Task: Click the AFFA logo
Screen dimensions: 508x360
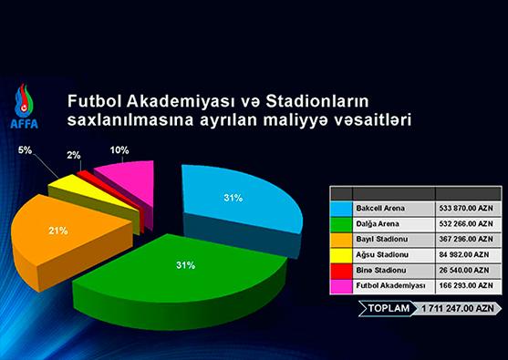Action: (x=25, y=107)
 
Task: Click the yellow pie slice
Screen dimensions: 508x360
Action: (x=94, y=201)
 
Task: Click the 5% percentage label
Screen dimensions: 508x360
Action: (x=25, y=150)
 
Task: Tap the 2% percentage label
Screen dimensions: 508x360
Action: (x=74, y=156)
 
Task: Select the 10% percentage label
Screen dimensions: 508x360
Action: (x=119, y=150)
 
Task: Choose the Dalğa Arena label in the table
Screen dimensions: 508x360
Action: (x=378, y=223)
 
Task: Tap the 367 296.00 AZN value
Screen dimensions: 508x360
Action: (x=466, y=240)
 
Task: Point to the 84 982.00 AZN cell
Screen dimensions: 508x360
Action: (x=463, y=255)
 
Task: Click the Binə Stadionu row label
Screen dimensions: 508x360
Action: (x=381, y=270)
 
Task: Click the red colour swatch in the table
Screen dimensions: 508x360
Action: (x=341, y=271)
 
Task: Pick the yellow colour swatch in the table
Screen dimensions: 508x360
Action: (x=341, y=255)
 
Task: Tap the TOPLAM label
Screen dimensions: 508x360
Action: (x=389, y=308)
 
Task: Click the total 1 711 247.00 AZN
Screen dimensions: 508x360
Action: (x=458, y=308)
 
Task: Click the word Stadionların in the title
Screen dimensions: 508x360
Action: (x=317, y=101)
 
